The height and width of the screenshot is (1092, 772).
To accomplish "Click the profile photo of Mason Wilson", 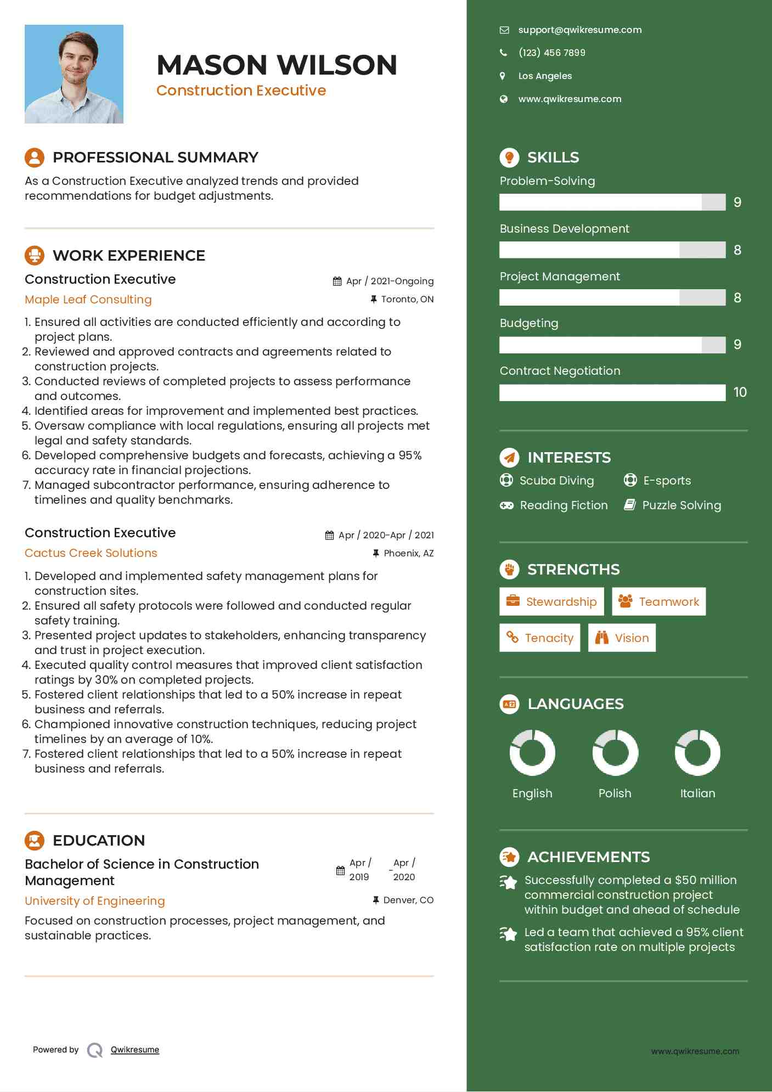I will [x=74, y=74].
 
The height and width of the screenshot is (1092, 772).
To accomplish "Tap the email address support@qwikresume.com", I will [x=579, y=30].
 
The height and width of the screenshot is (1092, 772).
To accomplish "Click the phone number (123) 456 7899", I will [x=551, y=53].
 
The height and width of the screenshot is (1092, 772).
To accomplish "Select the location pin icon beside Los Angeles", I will [x=503, y=76].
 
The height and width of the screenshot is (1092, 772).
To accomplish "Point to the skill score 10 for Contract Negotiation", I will [x=740, y=392].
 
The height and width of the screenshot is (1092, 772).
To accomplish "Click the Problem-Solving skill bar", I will [x=612, y=202].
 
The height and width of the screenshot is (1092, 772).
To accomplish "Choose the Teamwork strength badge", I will [x=658, y=601].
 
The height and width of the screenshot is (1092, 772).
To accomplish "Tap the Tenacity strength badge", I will [x=539, y=638].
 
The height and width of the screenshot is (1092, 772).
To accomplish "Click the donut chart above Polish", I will [x=615, y=752].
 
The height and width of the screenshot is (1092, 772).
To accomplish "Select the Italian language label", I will [x=697, y=793].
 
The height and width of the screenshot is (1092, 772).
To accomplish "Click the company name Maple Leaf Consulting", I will [x=88, y=300].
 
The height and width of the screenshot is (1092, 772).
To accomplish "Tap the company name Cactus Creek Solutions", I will [x=91, y=553].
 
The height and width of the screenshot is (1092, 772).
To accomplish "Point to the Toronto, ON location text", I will [x=407, y=299].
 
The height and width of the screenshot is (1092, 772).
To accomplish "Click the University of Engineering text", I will [x=95, y=901].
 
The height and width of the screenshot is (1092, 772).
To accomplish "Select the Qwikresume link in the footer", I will [x=135, y=1050].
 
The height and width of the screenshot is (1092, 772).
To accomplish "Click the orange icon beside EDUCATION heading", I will [x=35, y=840].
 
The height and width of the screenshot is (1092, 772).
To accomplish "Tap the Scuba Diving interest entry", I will [x=556, y=481].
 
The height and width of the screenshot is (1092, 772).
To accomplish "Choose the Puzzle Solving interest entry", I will [x=681, y=505].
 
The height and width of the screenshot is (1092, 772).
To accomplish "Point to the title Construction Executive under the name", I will [x=241, y=91].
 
